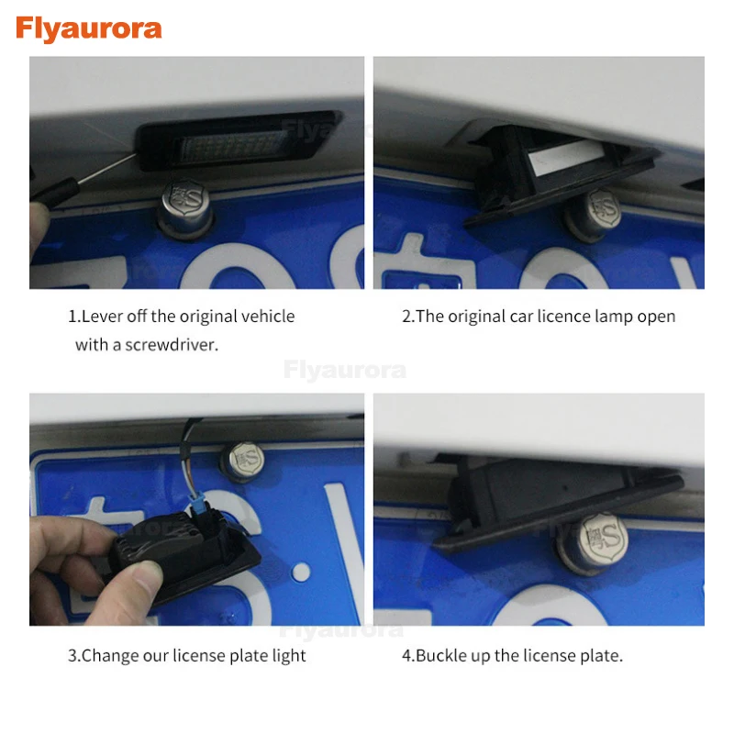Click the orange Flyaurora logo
(89, 29)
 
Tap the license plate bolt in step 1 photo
(184, 208)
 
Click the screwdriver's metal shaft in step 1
(106, 169)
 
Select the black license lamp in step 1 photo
(239, 139)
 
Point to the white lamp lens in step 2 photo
(562, 157)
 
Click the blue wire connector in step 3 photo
(200, 505)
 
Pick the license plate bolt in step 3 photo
(243, 462)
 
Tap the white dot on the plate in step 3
(301, 572)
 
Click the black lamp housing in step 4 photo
(557, 502)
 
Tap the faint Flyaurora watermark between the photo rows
(345, 371)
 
